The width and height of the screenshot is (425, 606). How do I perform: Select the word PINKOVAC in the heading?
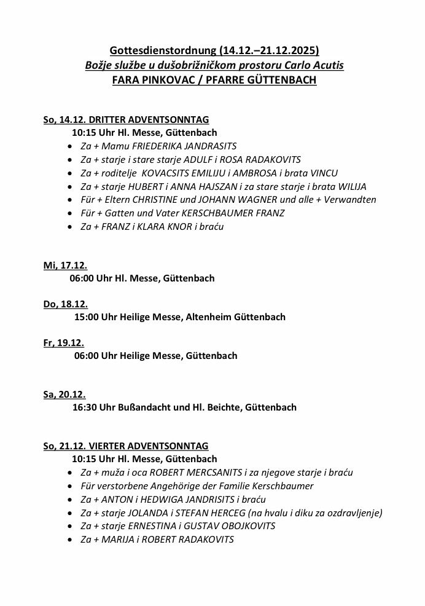(161, 81)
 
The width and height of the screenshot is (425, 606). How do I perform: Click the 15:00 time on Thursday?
(85, 317)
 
